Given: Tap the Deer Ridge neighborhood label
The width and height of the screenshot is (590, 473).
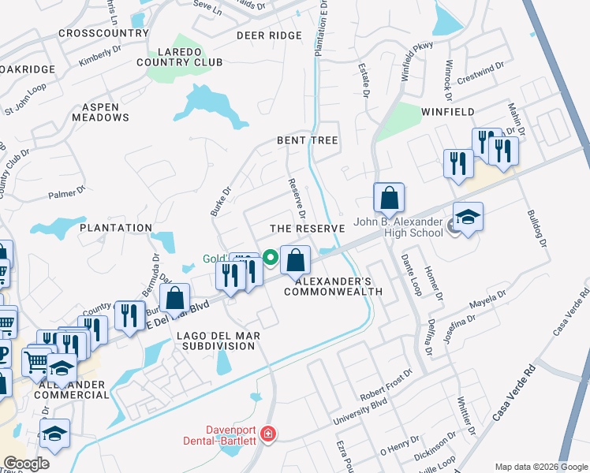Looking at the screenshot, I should (x=269, y=35).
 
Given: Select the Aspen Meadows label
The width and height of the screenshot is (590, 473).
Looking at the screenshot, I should (x=100, y=112).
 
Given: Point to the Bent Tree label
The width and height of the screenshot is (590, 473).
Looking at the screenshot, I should (x=307, y=140).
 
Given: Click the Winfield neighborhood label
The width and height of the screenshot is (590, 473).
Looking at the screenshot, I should (x=447, y=112).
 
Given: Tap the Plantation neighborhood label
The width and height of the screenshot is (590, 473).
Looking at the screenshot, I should (x=116, y=228).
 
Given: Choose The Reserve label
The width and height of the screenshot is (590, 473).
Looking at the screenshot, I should (x=308, y=228).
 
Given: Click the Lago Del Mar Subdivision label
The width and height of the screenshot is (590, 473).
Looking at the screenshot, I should (x=218, y=341).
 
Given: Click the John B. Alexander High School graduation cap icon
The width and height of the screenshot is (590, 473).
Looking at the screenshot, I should (x=468, y=218).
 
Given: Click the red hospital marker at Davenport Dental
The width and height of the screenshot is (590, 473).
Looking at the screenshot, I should (x=268, y=434).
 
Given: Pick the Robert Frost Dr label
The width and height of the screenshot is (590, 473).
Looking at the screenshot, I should (x=386, y=383).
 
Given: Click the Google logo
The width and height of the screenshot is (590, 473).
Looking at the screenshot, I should (x=26, y=464).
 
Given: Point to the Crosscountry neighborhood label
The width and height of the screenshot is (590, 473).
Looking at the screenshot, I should (x=103, y=33).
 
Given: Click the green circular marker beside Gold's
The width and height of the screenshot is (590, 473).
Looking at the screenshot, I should (x=270, y=256).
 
